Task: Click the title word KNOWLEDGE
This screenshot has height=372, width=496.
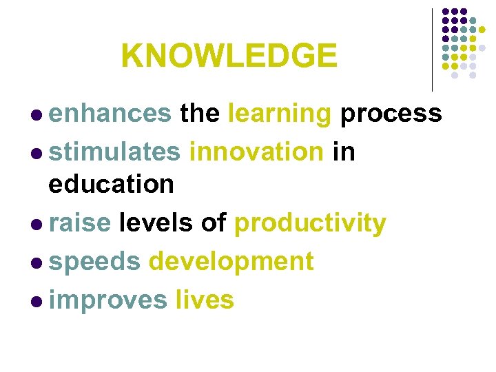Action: point(229,56)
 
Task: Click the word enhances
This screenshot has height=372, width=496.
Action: point(110,113)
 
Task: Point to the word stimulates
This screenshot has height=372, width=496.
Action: point(114,151)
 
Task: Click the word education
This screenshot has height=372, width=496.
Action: point(111,184)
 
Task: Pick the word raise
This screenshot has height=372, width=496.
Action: point(80,223)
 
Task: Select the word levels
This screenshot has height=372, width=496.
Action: point(156,223)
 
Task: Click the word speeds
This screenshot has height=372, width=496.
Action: point(95,262)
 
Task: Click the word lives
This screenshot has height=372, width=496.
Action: point(205,300)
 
